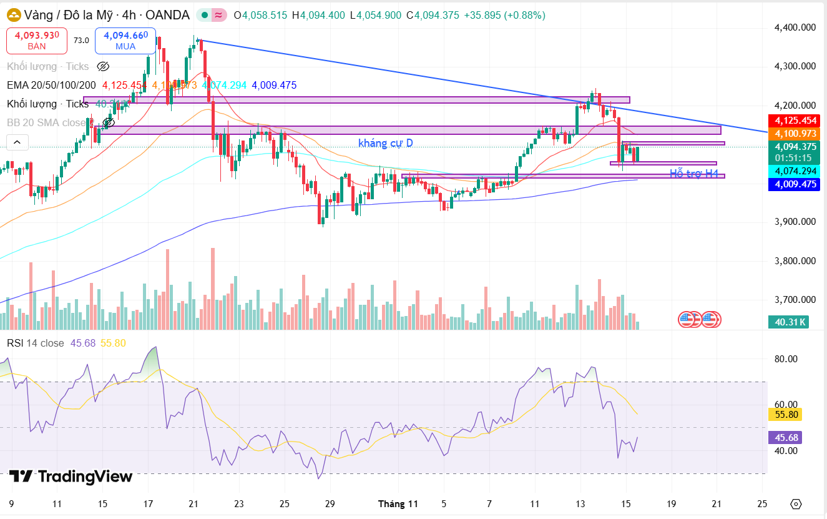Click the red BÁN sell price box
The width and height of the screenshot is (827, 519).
pos(36,40)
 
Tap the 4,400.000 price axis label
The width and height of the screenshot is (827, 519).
pos(795,27)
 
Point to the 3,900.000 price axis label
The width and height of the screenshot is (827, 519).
pos(795,222)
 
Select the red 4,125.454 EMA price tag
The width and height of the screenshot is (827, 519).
pos(795,121)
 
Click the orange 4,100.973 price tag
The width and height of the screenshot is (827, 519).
pos(795,134)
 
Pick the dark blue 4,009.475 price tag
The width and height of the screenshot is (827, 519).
pos(795,184)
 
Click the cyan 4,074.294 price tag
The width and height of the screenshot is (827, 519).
pos(795,171)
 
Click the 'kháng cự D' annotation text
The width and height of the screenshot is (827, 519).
pos(385,143)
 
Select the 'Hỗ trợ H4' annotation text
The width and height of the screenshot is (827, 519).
pos(694,174)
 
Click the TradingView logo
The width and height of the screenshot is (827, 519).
pos(71,477)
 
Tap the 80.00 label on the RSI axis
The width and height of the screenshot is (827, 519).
pos(786,359)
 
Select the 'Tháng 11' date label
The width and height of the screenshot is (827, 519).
pos(398,503)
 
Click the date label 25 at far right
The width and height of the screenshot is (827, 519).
pos(761,503)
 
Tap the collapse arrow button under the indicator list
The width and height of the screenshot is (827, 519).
pos(17,142)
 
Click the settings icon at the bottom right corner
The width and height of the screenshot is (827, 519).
pos(795,503)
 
